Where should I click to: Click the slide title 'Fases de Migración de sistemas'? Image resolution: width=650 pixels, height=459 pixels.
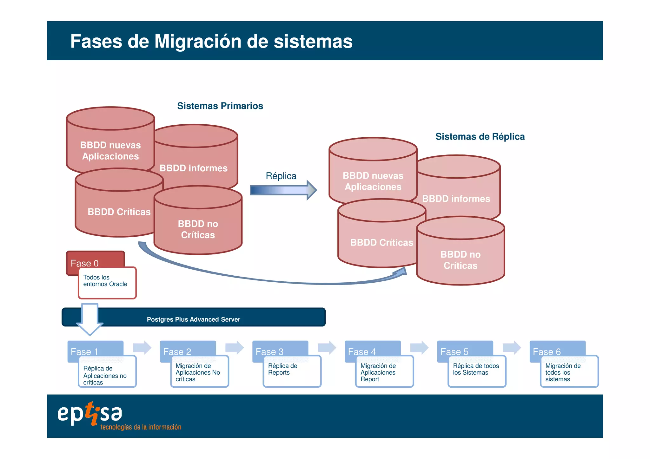pos(211,41)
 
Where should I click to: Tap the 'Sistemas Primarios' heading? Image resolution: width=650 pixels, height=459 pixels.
pos(220,106)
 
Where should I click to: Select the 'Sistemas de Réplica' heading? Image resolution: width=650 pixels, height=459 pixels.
pos(480,136)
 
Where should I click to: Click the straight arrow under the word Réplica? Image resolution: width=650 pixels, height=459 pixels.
pos(282,190)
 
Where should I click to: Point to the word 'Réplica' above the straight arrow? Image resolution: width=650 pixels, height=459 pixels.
pos(281,176)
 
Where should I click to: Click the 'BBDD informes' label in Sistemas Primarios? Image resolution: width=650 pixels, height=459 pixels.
pos(193,168)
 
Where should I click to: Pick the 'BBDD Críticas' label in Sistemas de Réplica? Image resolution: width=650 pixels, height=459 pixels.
pos(381,242)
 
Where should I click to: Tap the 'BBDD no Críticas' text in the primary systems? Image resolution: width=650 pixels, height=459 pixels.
pos(198,229)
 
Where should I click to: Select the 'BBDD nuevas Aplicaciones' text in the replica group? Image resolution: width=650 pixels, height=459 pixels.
pos(373,181)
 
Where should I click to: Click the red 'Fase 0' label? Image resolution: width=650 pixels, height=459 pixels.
pos(85,263)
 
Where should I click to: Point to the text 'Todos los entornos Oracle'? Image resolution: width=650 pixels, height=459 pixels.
pos(105,281)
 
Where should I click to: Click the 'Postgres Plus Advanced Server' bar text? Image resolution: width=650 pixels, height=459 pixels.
pos(193,319)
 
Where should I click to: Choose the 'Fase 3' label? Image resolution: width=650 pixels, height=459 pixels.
pos(269,351)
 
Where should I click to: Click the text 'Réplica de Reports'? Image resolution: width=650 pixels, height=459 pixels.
pos(282,369)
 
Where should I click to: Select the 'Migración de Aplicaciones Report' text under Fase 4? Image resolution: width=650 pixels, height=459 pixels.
pos(378,372)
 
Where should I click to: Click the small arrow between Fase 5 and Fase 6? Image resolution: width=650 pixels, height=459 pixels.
pos(512,347)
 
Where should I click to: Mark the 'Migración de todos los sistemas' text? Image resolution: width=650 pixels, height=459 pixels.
pos(563,372)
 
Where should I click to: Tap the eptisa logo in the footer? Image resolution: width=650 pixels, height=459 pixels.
pos(90,414)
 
